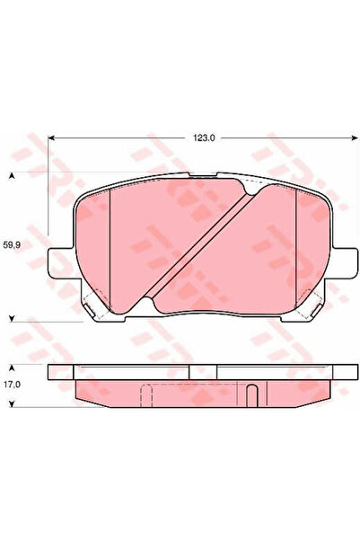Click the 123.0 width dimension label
point(204,138)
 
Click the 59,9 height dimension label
point(12,245)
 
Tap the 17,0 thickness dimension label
point(12,384)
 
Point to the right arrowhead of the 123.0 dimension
point(355,138)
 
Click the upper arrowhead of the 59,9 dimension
point(12,176)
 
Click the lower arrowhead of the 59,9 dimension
point(12,319)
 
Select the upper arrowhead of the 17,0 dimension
point(12,367)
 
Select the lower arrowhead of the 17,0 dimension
point(12,404)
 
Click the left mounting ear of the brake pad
point(60,262)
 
